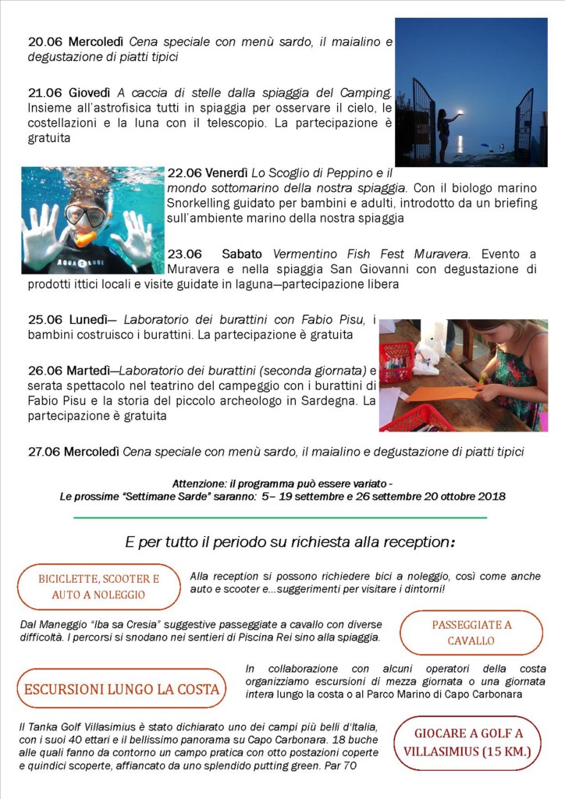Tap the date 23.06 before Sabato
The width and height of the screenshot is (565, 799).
coord(185,254)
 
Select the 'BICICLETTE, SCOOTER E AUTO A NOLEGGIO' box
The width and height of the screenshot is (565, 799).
coord(99,587)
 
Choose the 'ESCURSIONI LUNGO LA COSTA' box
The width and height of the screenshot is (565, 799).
coord(121,689)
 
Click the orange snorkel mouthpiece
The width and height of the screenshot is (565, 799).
coord(84,237)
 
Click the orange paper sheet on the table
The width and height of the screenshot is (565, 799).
coord(442,393)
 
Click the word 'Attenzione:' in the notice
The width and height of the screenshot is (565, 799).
coord(202,482)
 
